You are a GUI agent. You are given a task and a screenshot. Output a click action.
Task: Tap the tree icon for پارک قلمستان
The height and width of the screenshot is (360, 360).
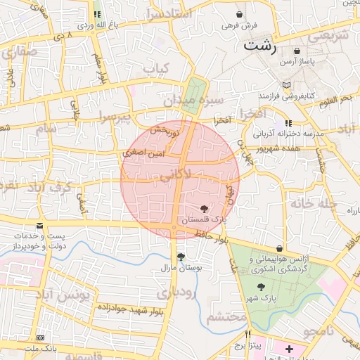(204, 209)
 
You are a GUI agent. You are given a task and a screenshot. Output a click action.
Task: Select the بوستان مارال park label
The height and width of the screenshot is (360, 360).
(183, 268)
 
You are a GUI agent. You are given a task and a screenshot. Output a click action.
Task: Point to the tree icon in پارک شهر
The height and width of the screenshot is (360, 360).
(262, 287)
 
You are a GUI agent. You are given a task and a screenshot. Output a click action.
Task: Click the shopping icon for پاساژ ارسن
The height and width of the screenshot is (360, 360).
(297, 51)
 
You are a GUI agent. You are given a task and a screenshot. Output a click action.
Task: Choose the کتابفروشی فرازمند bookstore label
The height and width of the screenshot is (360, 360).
(285, 94)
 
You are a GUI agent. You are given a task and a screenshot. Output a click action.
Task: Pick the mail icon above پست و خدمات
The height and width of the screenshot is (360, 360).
(39, 226)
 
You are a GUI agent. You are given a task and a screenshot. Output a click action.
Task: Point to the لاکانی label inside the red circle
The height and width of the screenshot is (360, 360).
(172, 173)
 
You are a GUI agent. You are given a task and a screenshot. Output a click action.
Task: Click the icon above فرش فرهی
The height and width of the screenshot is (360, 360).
(240, 14)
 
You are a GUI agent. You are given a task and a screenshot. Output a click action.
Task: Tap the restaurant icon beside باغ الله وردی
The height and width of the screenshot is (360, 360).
(96, 14)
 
